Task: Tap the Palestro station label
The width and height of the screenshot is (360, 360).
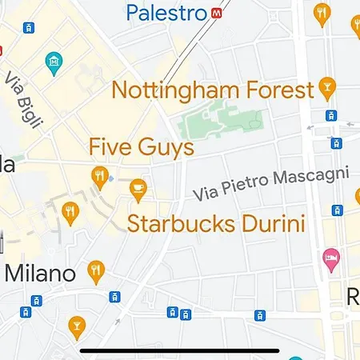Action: (166, 13)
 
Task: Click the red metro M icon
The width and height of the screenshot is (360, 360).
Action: (217, 14)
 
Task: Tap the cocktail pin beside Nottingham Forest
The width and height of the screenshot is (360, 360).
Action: (326, 86)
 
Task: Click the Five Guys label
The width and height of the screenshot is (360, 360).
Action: (141, 147)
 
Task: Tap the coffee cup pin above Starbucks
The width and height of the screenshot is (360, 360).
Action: (138, 189)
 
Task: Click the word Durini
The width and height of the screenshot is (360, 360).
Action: (274, 222)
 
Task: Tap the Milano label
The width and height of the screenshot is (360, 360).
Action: (40, 273)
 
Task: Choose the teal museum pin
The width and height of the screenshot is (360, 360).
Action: (54, 62)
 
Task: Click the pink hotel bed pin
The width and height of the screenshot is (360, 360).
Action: (330, 258)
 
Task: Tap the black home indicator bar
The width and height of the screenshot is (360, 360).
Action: (180, 350)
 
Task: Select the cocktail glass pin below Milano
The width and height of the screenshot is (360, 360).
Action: (77, 325)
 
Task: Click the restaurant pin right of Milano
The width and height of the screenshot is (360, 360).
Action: (96, 270)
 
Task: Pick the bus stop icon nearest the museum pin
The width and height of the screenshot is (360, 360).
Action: (30, 28)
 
